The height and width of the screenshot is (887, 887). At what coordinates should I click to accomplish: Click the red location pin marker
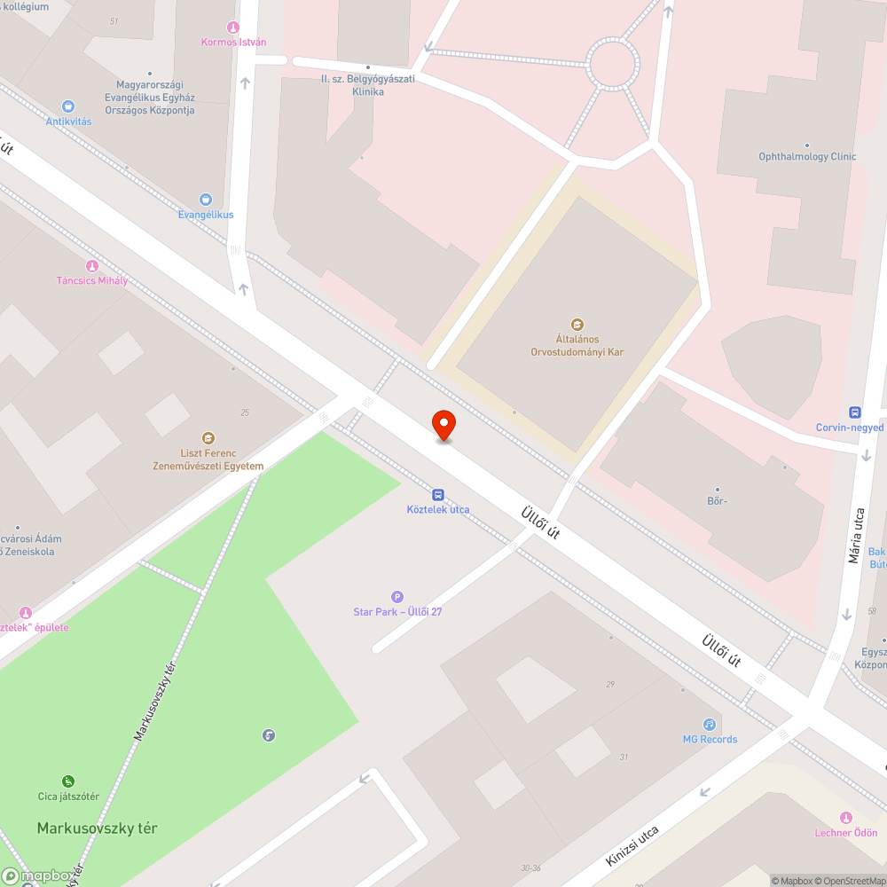click(443, 425)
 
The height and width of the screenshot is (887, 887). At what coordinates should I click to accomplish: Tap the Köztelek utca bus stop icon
click(438, 495)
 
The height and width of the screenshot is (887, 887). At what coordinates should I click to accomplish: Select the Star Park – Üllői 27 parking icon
click(396, 597)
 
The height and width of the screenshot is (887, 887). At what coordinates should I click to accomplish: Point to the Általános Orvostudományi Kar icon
click(577, 325)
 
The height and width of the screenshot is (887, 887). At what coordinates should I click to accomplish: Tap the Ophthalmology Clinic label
click(807, 157)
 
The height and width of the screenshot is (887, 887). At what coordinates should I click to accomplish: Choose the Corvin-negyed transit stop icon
click(855, 412)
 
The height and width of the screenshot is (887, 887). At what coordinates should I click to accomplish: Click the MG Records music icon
click(710, 725)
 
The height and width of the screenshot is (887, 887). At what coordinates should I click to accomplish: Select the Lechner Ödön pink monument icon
click(845, 818)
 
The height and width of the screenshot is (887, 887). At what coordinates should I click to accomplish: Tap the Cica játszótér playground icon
click(68, 781)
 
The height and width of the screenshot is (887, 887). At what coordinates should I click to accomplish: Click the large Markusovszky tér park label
click(97, 828)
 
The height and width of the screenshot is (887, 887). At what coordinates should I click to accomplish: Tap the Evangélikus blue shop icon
click(206, 200)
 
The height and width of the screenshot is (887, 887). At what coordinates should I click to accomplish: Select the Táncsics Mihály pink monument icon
click(91, 266)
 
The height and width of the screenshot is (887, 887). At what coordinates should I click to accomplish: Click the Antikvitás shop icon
click(68, 106)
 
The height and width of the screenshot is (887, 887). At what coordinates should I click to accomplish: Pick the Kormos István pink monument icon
click(233, 27)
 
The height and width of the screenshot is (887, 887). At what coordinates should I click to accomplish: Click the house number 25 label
click(245, 412)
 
